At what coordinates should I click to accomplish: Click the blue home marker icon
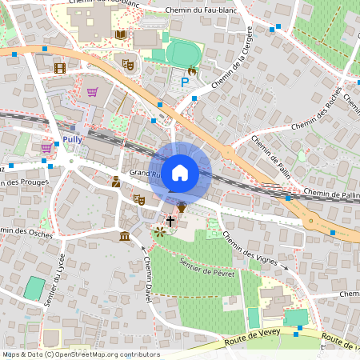[x=180, y=172]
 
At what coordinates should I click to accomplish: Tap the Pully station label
[x=74, y=138]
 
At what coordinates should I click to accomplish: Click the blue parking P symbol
[x=186, y=81]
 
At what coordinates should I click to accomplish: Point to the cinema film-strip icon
[x=60, y=67]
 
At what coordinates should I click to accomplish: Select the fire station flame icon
[x=191, y=71]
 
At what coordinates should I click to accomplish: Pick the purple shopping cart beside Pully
[x=46, y=147]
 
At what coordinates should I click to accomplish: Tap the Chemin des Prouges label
[x=24, y=182]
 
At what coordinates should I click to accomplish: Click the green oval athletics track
[x=183, y=54]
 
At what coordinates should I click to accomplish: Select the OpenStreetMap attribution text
[x=81, y=354]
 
